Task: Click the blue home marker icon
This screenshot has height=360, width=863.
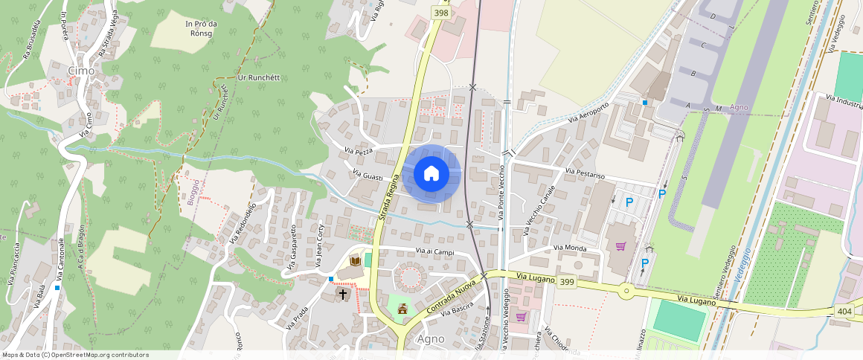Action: coord(431,174)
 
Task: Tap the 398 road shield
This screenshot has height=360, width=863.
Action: coord(440,13)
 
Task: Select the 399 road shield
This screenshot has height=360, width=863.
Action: coord(566,281)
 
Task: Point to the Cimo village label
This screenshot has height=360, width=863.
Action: coord(81,71)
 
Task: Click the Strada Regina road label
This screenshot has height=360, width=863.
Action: coord(390,197)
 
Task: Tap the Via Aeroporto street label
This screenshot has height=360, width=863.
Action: coord(588,112)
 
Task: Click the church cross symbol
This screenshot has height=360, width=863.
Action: coord(343,294)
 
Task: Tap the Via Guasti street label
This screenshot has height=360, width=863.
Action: coord(368,176)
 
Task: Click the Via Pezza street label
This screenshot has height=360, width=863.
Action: coord(359,151)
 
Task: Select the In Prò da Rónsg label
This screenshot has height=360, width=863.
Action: coord(201,28)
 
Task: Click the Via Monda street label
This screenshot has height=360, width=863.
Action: coord(571,248)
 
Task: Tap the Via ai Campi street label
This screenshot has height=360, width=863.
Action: coord(434,251)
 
